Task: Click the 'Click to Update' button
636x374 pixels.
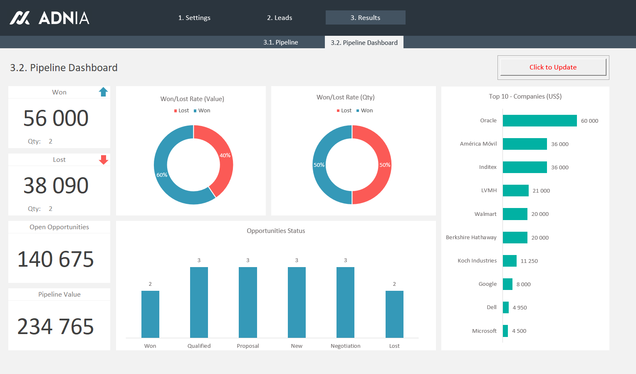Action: tap(553, 67)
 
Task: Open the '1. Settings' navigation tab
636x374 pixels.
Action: tap(194, 18)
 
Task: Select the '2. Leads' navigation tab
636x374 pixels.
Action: tap(280, 18)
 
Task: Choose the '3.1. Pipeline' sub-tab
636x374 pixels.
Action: tap(280, 42)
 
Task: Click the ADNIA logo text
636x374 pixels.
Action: tap(64, 18)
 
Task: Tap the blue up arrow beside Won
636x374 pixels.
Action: tap(104, 92)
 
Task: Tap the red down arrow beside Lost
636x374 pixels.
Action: tap(104, 160)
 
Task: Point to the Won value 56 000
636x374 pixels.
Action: tap(56, 118)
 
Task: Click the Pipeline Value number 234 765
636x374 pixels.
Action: tap(55, 327)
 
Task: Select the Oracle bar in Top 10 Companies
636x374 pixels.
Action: tap(539, 121)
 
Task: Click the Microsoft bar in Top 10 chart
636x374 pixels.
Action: tap(505, 331)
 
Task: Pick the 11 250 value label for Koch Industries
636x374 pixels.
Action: tap(529, 261)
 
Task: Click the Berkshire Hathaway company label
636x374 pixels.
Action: tap(471, 238)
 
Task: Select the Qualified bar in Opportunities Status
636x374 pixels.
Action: tap(199, 302)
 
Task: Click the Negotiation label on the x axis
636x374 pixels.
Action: tap(345, 346)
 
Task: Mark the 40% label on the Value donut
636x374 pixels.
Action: tap(225, 155)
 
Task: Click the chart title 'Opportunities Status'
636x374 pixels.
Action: tap(276, 231)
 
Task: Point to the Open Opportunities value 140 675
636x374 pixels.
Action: tap(55, 259)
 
